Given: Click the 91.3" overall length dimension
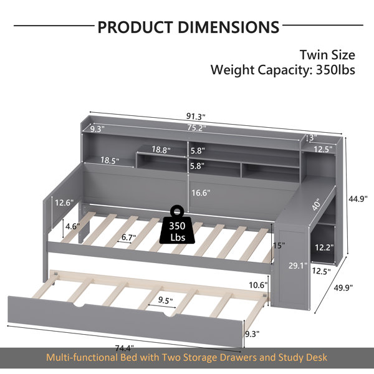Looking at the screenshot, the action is pyautogui.click(x=196, y=117).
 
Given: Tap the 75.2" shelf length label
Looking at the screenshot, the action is pyautogui.click(x=196, y=128).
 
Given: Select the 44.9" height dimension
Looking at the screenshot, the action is pyautogui.click(x=358, y=198).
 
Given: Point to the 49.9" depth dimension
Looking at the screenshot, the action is pyautogui.click(x=343, y=287).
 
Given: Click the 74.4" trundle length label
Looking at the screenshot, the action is pyautogui.click(x=125, y=348).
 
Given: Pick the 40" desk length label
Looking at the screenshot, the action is pyautogui.click(x=317, y=204).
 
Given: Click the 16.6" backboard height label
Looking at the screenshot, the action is pyautogui.click(x=201, y=193).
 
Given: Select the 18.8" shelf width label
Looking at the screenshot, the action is pyautogui.click(x=161, y=150).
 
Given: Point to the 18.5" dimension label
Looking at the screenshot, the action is pyautogui.click(x=110, y=160).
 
